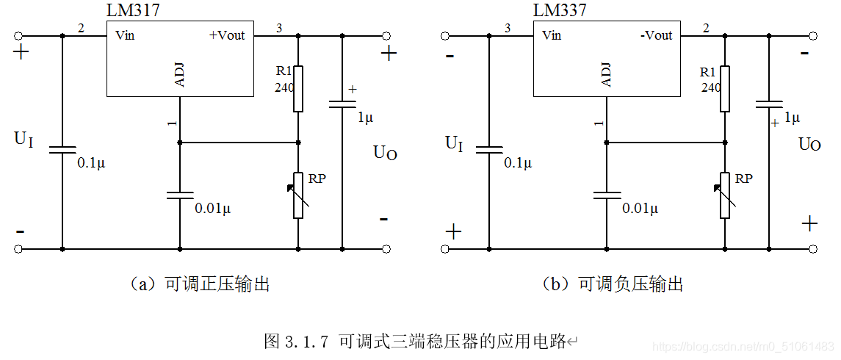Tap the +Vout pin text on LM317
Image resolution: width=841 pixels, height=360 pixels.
tap(227, 35)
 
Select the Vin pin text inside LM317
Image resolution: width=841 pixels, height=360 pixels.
tap(125, 35)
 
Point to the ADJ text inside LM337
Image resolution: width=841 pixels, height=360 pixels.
tap(607, 75)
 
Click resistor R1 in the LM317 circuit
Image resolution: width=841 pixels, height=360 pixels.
tap(297, 88)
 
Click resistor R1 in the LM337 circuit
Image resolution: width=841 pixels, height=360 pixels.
tap(725, 88)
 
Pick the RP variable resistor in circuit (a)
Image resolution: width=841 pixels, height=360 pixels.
tap(298, 195)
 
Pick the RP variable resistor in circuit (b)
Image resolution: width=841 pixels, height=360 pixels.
tap(725, 195)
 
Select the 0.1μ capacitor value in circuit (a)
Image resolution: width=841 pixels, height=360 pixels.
tap(91, 163)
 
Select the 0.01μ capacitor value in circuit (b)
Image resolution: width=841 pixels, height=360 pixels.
tap(640, 208)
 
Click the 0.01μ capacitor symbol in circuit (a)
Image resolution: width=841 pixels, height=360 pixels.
tap(180, 195)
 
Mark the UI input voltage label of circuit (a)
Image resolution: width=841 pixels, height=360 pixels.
tap(24, 139)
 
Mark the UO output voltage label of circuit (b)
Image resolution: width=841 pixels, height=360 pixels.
tap(809, 144)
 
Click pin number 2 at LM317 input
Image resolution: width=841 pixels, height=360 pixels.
tap(81, 29)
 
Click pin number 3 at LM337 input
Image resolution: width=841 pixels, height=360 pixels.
tap(508, 29)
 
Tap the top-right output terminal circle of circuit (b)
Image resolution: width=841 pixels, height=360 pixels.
tap(812, 36)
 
